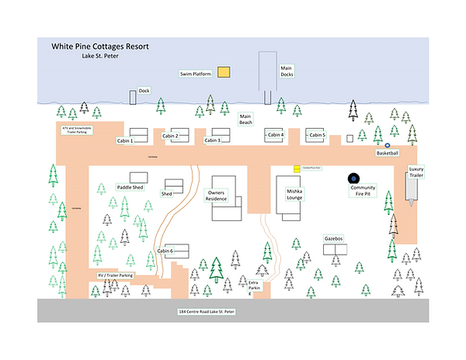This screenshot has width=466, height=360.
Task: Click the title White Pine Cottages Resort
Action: pyautogui.click(x=100, y=47)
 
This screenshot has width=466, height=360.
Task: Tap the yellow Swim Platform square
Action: pyautogui.click(x=224, y=72)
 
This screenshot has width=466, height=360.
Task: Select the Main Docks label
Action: pyautogui.click(x=287, y=71)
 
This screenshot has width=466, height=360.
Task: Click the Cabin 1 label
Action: pyautogui.click(x=125, y=141)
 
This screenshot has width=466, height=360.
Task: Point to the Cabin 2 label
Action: pyautogui.click(x=170, y=137)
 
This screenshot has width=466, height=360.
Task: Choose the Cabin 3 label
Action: pyautogui.click(x=212, y=140)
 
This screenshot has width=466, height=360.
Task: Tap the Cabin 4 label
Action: pyautogui.click(x=276, y=135)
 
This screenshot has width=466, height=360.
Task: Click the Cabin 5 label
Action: pyautogui.click(x=317, y=135)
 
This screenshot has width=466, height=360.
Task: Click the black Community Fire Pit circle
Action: pyautogui.click(x=354, y=178)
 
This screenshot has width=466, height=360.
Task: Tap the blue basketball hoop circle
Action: pyautogui.click(x=388, y=144)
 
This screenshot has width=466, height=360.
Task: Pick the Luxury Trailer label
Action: pyautogui.click(x=416, y=172)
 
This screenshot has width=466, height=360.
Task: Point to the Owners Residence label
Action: pyautogui.click(x=217, y=195)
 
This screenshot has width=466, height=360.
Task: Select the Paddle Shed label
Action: pyautogui.click(x=130, y=187)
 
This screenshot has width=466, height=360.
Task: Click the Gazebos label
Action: pyautogui.click(x=335, y=239)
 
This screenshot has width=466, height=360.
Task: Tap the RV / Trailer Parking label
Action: pyautogui.click(x=116, y=275)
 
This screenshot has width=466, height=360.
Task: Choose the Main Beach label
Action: pyautogui.click(x=246, y=119)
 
